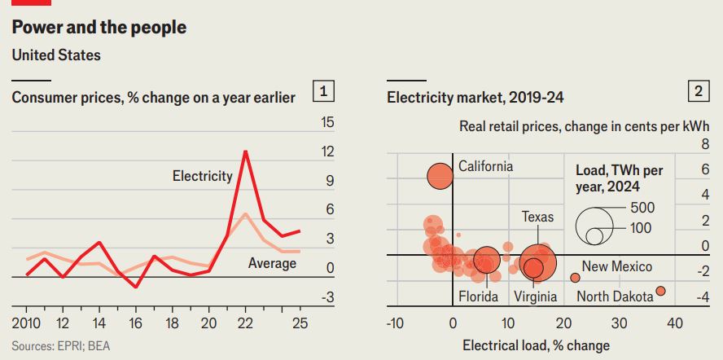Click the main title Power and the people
click(x=99, y=28)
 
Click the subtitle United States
click(x=56, y=55)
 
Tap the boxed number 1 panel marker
click(x=324, y=92)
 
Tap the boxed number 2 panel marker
click(x=698, y=92)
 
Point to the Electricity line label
click(x=202, y=175)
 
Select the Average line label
click(x=272, y=263)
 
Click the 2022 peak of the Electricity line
click(x=246, y=151)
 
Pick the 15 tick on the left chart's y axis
click(x=327, y=122)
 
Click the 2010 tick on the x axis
click(x=27, y=323)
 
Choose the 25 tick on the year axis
click(x=300, y=323)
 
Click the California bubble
click(x=440, y=176)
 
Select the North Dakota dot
click(x=660, y=291)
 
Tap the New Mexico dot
click(x=575, y=278)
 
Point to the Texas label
click(x=537, y=217)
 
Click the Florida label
click(x=477, y=296)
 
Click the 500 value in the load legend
click(x=642, y=208)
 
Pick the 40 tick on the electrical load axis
click(x=674, y=323)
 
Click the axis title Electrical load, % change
click(x=536, y=345)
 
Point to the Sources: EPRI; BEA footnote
click(x=61, y=345)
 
